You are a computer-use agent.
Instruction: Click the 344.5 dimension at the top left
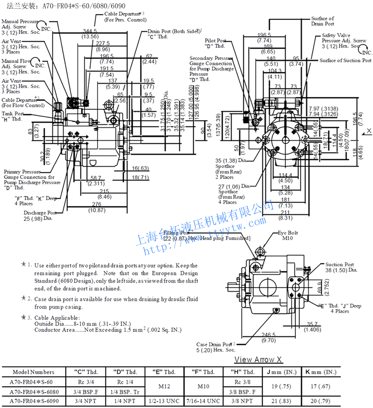[90, 31]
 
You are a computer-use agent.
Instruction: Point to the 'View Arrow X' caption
[258, 359]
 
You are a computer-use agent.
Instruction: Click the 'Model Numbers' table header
[33, 372]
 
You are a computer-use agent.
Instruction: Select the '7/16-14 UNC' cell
[203, 401]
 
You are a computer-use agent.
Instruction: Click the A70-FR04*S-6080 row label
[33, 391]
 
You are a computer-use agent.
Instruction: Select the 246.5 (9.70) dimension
[268, 337]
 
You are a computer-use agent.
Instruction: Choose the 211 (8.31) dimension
[285, 215]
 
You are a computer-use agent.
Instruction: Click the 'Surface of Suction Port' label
[345, 61]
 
